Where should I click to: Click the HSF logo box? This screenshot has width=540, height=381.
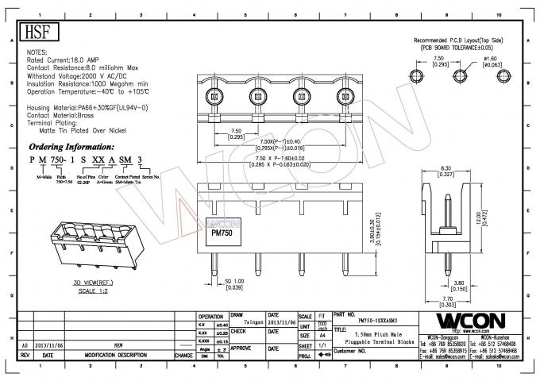36,32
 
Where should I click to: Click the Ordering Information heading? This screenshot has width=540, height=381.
72,148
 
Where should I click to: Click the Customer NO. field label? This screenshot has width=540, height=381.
355,350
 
